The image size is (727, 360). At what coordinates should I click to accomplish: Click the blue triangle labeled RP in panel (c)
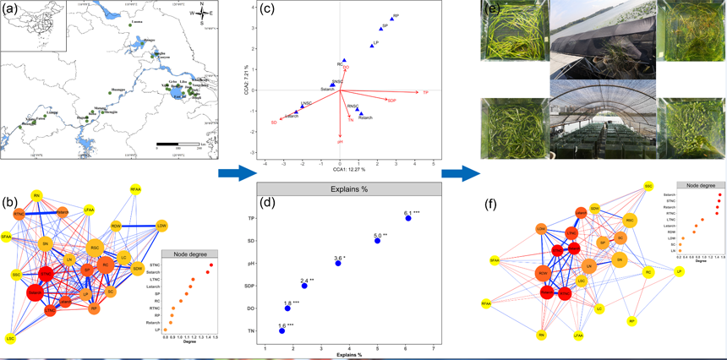point(392,18)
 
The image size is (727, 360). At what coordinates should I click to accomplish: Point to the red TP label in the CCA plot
point(425,92)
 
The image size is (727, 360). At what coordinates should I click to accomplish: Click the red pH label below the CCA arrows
point(340,142)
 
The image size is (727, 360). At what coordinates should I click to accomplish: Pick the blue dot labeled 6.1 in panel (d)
point(407,219)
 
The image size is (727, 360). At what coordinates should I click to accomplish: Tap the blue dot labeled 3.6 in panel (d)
point(338,264)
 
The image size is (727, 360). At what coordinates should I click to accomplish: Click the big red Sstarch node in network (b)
point(36,292)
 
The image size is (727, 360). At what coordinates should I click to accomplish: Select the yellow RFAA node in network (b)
point(135,189)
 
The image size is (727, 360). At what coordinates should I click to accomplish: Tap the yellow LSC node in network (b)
point(10,338)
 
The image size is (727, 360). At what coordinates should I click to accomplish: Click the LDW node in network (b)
point(161,226)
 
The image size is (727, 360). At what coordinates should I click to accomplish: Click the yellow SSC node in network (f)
point(648,186)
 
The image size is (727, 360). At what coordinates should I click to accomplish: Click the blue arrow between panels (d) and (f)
point(461,173)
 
